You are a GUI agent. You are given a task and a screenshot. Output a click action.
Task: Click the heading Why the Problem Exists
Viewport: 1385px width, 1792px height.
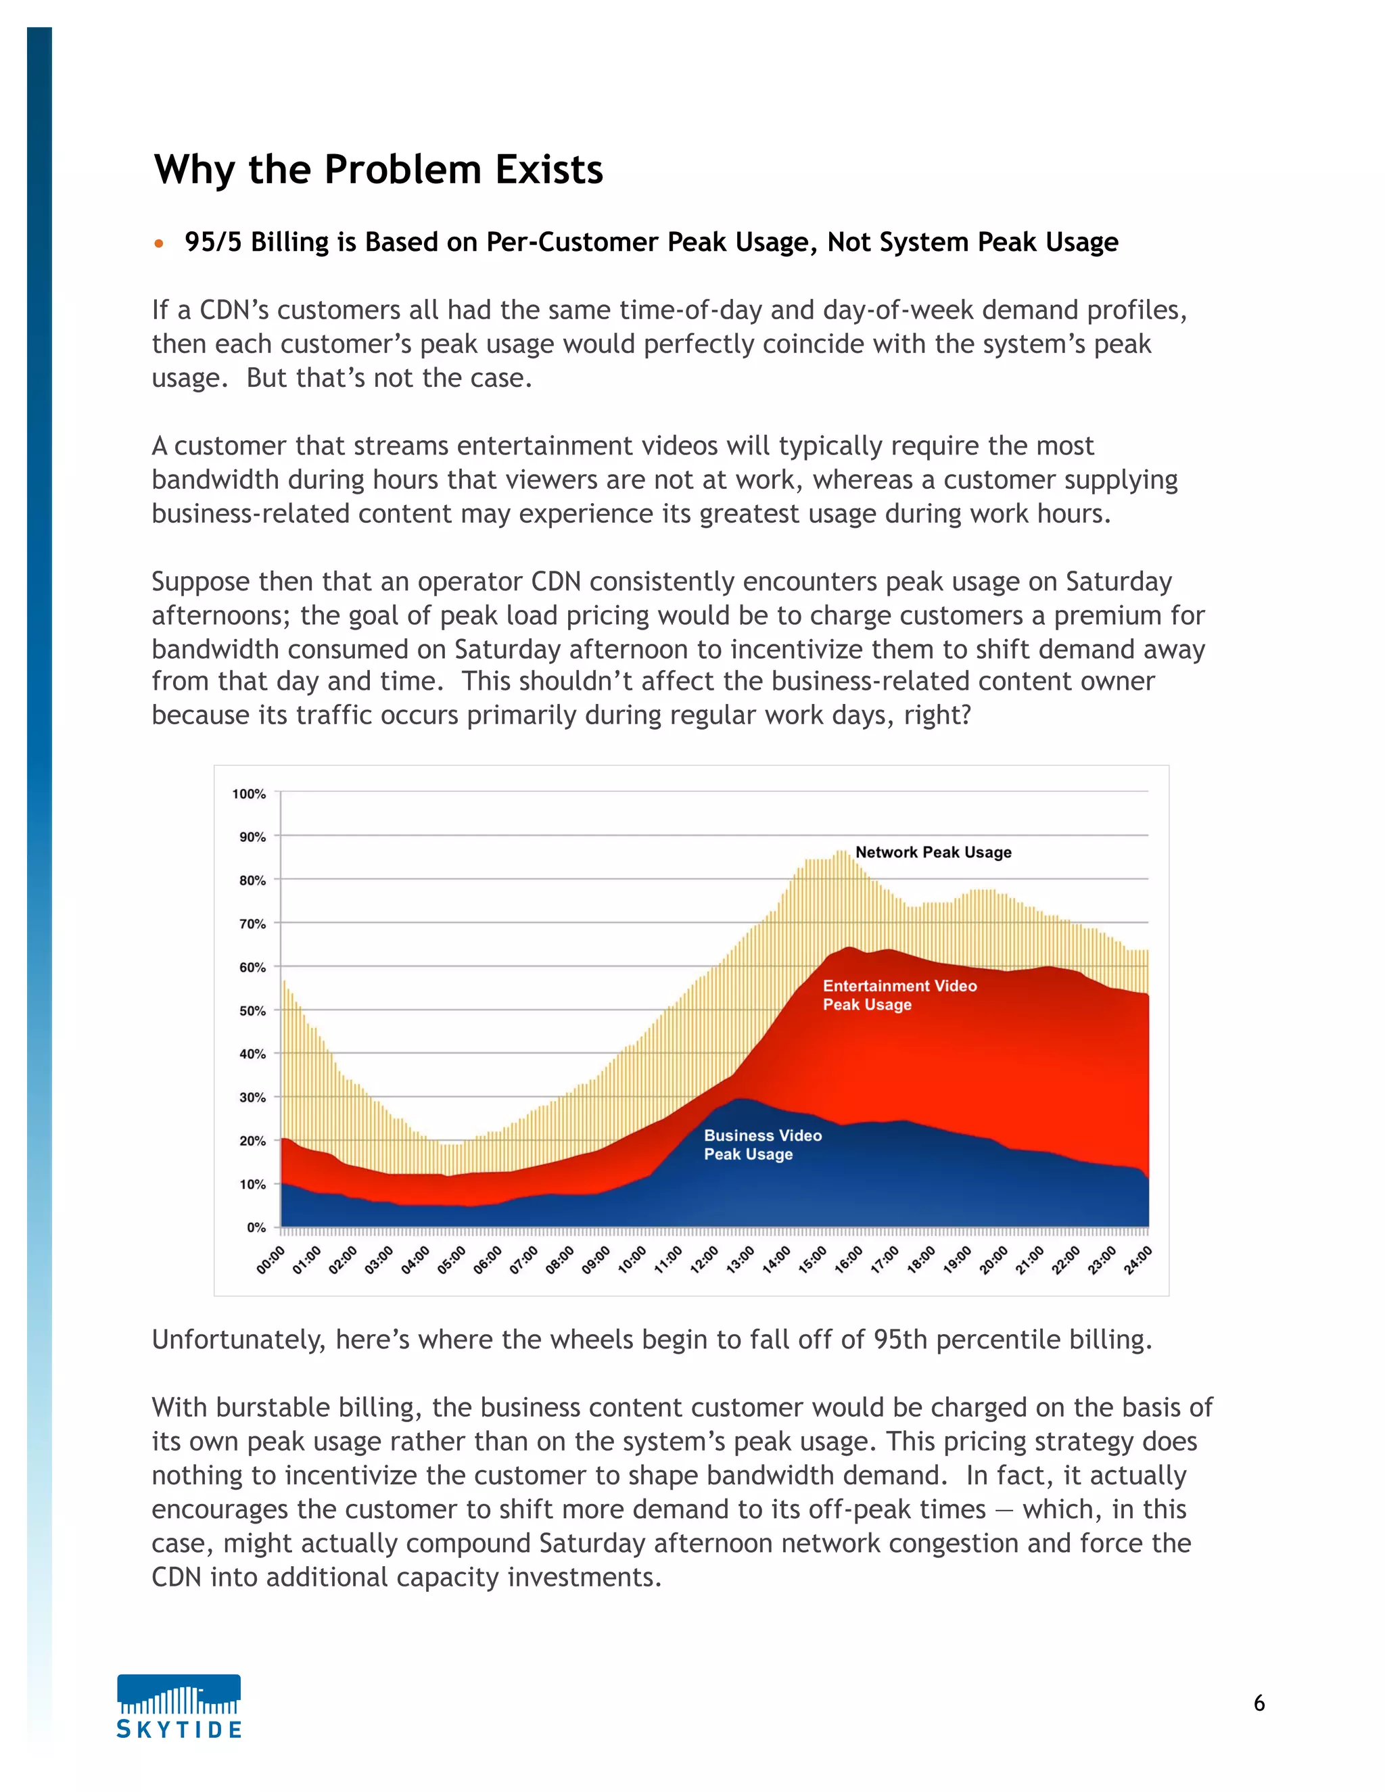[x=378, y=170]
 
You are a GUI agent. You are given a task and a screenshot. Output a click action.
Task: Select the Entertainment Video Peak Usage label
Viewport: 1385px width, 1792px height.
[x=899, y=995]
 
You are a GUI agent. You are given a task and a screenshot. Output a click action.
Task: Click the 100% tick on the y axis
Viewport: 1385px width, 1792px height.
[x=249, y=793]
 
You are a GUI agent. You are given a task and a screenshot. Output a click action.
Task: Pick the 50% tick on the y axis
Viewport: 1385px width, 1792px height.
[x=252, y=1011]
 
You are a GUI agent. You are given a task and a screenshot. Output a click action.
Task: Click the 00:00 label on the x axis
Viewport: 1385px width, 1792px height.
[x=270, y=1260]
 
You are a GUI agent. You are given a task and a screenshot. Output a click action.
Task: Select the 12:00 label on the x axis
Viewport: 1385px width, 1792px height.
[x=703, y=1260]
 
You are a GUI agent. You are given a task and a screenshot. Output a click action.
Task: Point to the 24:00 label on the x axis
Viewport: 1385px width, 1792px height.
[x=1137, y=1260]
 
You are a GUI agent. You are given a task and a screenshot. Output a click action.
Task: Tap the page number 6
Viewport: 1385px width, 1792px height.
[x=1259, y=1703]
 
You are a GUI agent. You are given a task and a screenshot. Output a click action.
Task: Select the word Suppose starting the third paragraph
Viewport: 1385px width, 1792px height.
[x=200, y=582]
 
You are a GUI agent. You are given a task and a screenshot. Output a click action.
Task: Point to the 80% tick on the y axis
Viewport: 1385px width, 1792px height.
[x=252, y=880]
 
